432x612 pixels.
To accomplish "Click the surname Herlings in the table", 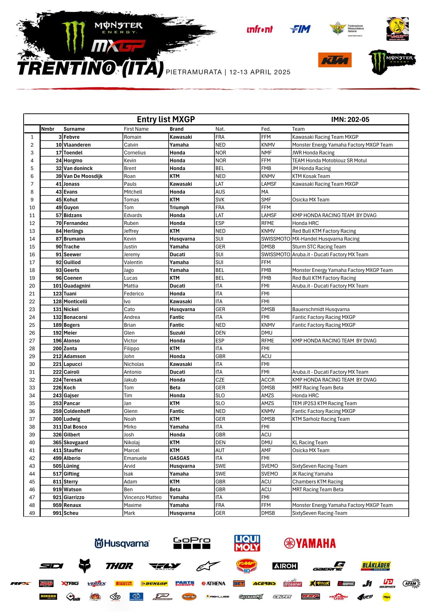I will tap(73, 231).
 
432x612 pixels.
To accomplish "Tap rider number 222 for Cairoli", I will tap(57, 372).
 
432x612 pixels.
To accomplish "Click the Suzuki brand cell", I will tap(177, 333).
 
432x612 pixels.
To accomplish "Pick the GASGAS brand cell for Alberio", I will tap(179, 458).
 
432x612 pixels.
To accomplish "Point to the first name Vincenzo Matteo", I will tap(142, 498).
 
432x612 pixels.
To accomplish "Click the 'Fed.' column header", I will tap(266, 129).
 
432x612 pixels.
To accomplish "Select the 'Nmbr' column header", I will tap(48, 129).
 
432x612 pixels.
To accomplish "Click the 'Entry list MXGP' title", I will tap(166, 120).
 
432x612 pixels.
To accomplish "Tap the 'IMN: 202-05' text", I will tap(350, 120).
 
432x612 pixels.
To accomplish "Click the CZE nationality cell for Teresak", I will tap(220, 380).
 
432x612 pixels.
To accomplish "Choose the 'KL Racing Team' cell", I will tap(310, 443).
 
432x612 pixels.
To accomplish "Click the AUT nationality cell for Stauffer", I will tap(220, 450).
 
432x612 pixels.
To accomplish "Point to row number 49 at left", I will tap(32, 513).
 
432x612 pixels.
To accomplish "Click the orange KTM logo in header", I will tap(335, 60).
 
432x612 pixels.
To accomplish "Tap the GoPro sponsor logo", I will tap(191, 543).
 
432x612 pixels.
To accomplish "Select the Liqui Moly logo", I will tap(247, 543).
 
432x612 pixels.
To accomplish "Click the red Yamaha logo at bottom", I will tap(310, 543).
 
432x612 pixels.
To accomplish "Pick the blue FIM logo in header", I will tap(300, 29).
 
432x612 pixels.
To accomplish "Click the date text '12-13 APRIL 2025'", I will tap(260, 72).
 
